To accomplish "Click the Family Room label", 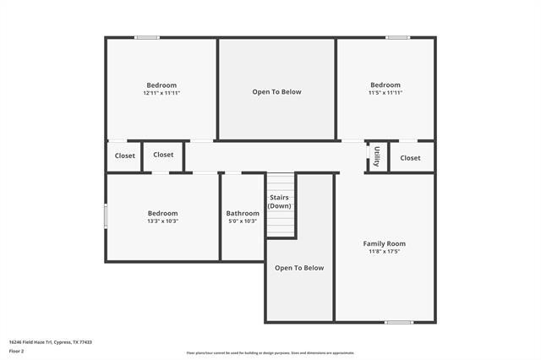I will point(385,243).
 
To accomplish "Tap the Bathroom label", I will point(243,213).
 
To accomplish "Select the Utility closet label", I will point(377,156).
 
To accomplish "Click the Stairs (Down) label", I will point(280,202).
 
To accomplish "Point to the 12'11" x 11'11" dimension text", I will point(161,93).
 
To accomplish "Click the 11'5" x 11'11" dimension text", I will point(385,93).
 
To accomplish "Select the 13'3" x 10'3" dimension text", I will point(162,221).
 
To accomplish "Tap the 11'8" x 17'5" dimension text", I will point(385,252).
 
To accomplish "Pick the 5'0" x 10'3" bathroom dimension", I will point(243,221).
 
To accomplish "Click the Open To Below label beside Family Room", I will point(299,268).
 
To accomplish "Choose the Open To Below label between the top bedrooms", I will point(276,92).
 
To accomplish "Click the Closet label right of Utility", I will point(411,158).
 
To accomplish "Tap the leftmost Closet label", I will point(125,156).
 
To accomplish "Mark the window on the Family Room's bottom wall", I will point(398,322).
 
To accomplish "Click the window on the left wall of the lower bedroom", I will point(106,215).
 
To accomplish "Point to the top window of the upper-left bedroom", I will point(147,37).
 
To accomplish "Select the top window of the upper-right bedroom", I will point(398,37).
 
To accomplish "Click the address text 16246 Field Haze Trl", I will point(50,342).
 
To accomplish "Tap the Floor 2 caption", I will point(17,351).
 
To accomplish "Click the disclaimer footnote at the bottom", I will point(270,353).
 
